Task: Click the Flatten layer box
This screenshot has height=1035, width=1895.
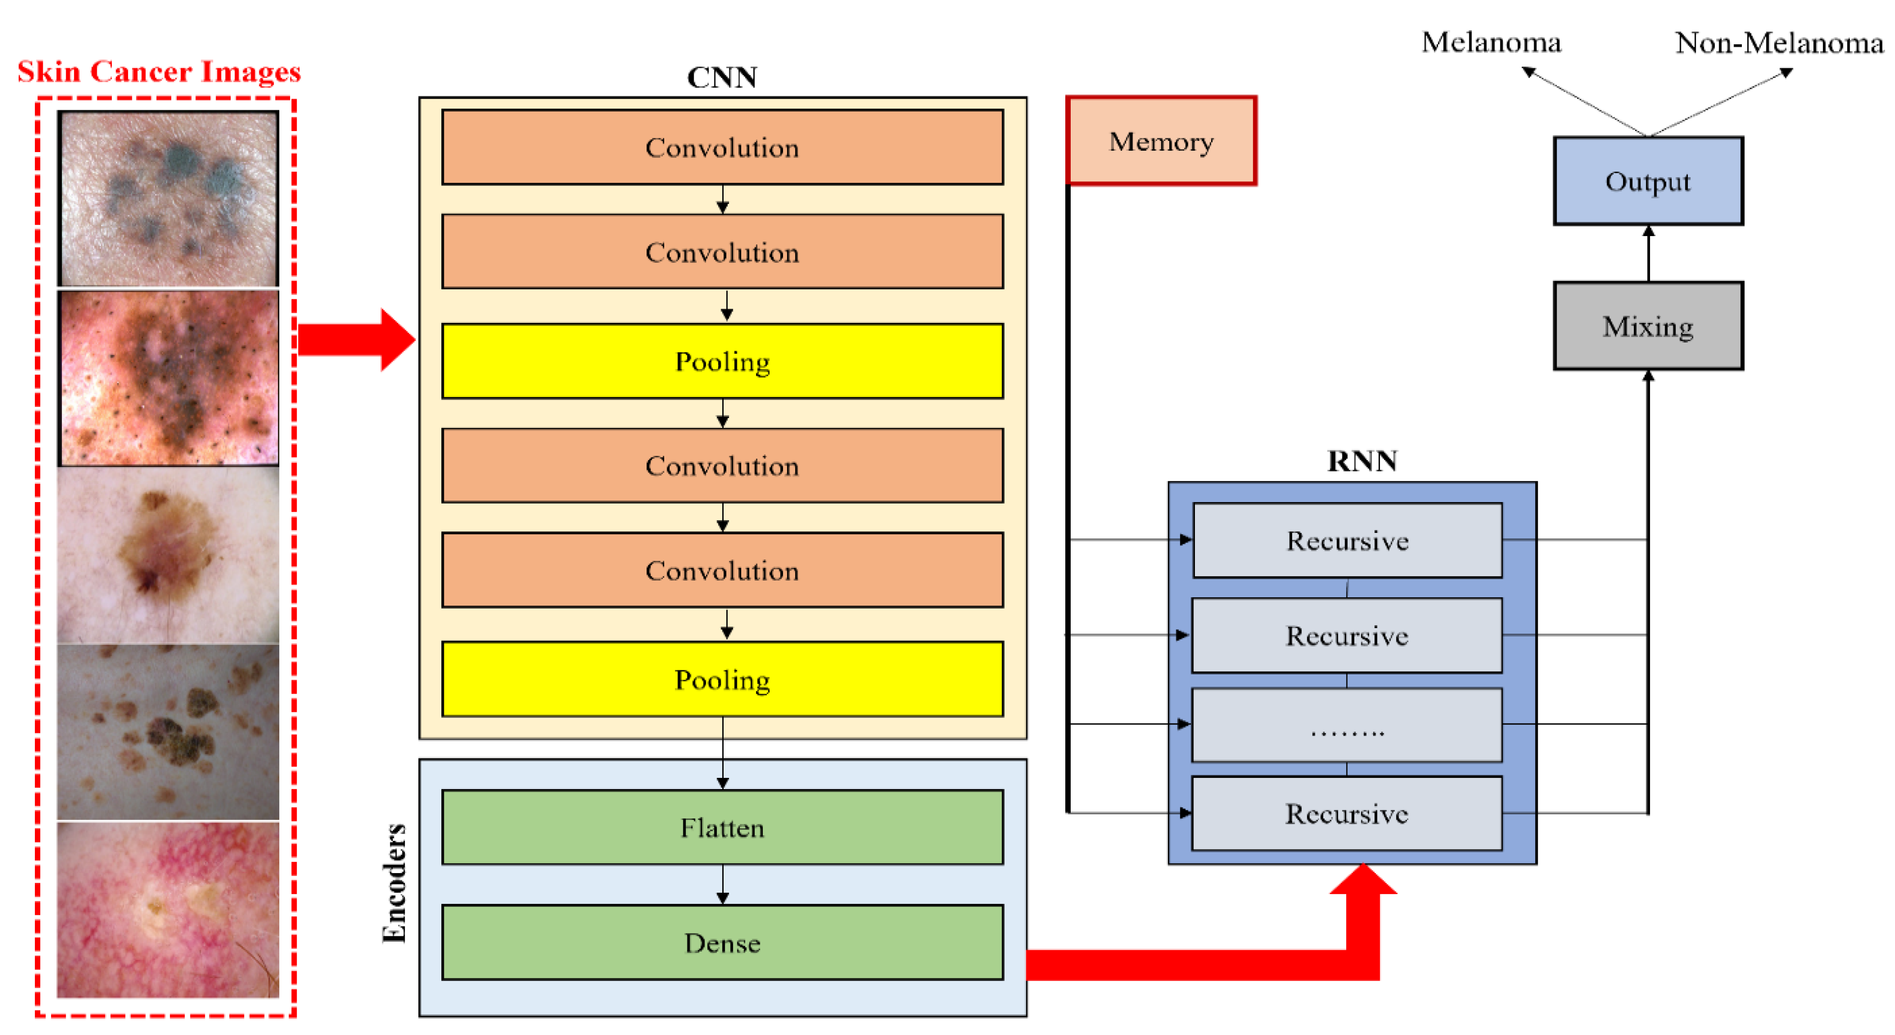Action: (x=722, y=827)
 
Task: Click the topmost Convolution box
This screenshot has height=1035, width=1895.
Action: (x=722, y=147)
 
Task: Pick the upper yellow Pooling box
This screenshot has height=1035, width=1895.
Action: (x=722, y=361)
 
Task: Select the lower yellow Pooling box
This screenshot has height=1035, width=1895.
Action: (x=722, y=679)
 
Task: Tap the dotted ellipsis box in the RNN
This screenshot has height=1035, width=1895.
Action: (x=1346, y=725)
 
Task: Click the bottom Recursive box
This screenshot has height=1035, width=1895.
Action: (x=1346, y=814)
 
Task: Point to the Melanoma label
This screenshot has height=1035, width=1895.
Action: (x=1490, y=43)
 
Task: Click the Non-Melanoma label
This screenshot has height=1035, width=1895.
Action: (x=1779, y=43)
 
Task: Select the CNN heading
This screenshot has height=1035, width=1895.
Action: (x=722, y=77)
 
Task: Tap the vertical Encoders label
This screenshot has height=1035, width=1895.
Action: (x=394, y=883)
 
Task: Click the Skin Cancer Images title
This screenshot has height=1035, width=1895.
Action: (x=159, y=71)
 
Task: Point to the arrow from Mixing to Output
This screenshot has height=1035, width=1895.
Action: (x=1648, y=253)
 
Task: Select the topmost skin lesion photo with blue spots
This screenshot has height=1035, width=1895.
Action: (x=168, y=199)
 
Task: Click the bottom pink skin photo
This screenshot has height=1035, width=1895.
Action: (x=168, y=910)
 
